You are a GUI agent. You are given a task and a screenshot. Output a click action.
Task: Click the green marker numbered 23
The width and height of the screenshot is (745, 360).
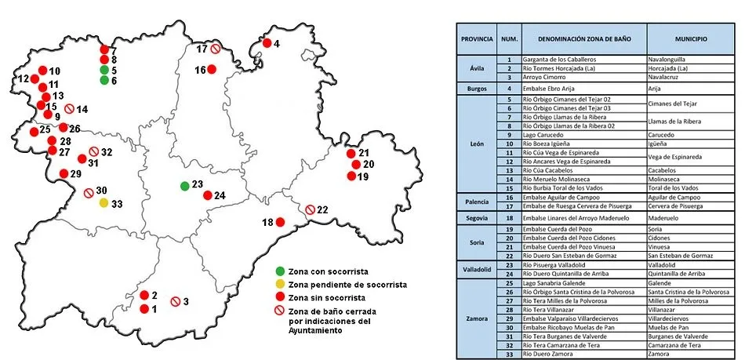click(x=184, y=186)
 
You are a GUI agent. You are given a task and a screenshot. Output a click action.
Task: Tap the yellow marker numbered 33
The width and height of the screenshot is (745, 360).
click(x=104, y=203)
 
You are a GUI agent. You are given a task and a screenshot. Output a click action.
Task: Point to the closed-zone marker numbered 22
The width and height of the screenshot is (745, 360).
click(x=311, y=209)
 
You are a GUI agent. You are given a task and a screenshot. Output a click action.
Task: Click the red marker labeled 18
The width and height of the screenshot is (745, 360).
click(x=279, y=223)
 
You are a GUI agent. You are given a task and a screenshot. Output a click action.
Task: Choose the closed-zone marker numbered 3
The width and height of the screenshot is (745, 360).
click(x=176, y=301)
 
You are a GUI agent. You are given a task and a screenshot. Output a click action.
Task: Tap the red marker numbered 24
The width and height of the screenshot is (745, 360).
click(x=208, y=195)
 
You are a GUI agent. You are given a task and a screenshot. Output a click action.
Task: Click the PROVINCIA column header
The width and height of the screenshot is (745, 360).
click(x=477, y=38)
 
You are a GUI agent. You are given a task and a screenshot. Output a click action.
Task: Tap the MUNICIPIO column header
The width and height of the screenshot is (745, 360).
click(x=690, y=38)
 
